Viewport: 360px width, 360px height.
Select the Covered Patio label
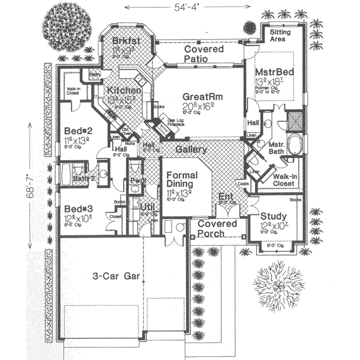pyautogui.click(x=204, y=54)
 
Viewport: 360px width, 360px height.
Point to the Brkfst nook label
pyautogui.click(x=125, y=41)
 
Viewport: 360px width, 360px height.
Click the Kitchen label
pyautogui.click(x=124, y=91)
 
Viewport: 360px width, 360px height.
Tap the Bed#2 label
pyautogui.click(x=77, y=131)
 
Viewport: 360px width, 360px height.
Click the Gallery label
pyautogui.click(x=191, y=149)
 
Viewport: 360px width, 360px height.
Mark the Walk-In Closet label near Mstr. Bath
pyautogui.click(x=282, y=180)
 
